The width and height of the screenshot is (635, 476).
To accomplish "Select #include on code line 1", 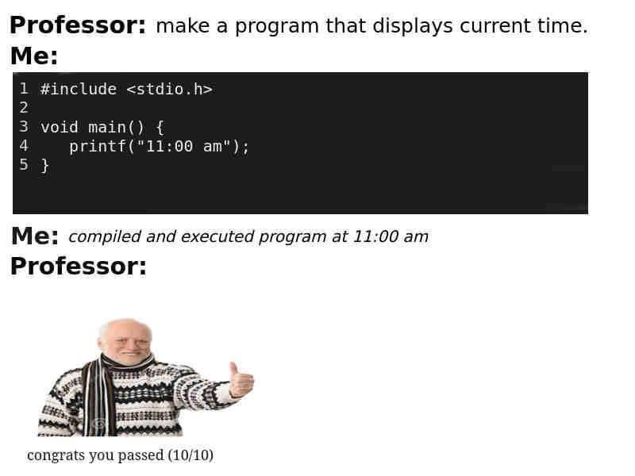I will pos(79,89).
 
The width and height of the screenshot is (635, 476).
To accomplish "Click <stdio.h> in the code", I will pos(169,89).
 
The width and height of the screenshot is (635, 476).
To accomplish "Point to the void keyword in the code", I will pos(60,127).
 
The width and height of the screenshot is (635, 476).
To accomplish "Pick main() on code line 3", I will pos(116,127).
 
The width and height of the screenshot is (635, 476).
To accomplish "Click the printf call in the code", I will pos(97,147).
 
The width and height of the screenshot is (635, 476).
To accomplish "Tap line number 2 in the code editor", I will pos(24,108).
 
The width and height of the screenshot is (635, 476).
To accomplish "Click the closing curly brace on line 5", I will pos(44,166).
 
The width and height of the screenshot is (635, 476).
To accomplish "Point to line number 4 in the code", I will pos(24,147).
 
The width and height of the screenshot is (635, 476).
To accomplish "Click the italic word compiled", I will pos(105,237).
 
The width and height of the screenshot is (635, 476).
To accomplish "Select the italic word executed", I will pos(212,237).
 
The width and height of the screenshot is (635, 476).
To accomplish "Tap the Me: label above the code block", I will pos(34,57).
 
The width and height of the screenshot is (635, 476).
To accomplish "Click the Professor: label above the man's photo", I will pos(78,267).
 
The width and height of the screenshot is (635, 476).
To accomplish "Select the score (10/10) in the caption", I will pos(190,455).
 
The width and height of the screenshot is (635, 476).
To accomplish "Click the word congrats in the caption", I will pos(55,456).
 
